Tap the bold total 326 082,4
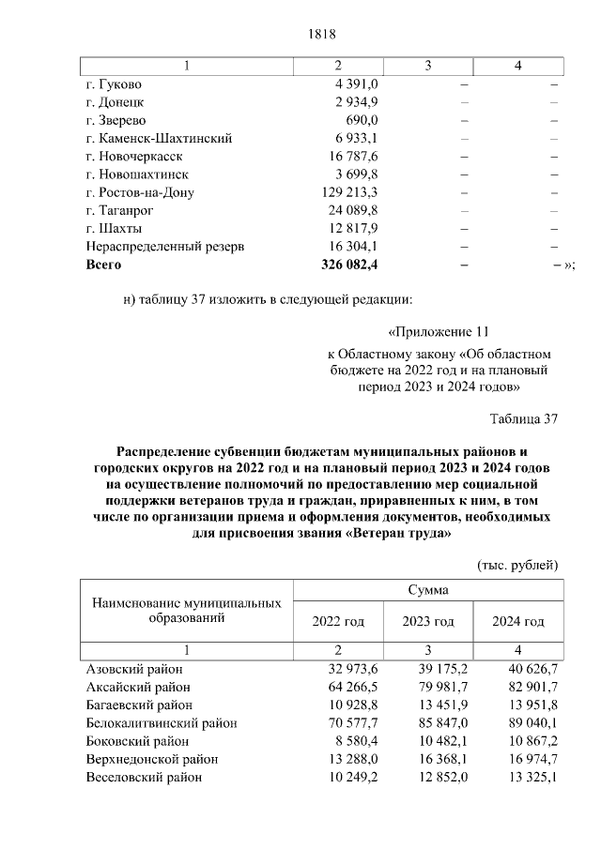pos(348,265)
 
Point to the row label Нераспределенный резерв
pos(164,247)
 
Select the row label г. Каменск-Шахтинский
pos(158,139)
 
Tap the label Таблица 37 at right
pos(524,418)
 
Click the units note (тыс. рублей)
pos(518,565)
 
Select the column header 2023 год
pos(428,622)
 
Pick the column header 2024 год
pos(518,622)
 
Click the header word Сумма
pos(428,591)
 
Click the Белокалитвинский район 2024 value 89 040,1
pos(532,723)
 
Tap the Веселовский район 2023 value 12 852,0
pos(441,778)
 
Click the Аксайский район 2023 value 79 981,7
pos(441,688)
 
